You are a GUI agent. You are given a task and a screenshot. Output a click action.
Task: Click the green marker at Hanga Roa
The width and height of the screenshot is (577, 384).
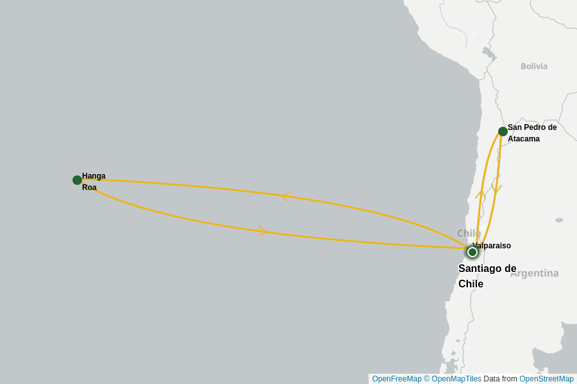pyautogui.click(x=77, y=180)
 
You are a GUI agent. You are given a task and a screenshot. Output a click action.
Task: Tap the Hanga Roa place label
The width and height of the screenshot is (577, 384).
pyautogui.click(x=93, y=182)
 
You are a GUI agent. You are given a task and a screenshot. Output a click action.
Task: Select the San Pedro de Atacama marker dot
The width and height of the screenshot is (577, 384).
pyautogui.click(x=503, y=131)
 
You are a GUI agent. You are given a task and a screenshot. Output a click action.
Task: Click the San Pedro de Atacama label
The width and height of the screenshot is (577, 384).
pyautogui.click(x=531, y=132)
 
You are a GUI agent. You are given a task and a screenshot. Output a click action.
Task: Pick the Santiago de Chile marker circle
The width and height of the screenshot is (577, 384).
pyautogui.click(x=472, y=252)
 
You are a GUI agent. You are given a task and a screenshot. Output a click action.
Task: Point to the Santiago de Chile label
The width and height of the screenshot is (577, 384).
pyautogui.click(x=487, y=276)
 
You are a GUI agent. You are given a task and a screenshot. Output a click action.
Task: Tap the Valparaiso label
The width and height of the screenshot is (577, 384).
pyautogui.click(x=492, y=246)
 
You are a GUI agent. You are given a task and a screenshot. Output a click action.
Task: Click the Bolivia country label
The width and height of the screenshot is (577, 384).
pyautogui.click(x=534, y=66)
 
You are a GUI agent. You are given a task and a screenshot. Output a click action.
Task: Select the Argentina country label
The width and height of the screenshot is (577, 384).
pyautogui.click(x=534, y=273)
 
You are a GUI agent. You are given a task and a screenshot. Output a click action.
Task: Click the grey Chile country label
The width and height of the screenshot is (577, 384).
pyautogui.click(x=469, y=233)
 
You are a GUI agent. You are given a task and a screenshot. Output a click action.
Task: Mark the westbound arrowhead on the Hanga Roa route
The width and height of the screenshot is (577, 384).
pyautogui.click(x=285, y=196)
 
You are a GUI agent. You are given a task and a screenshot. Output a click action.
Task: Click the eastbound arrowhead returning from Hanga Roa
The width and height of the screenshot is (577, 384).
pyautogui.click(x=262, y=231)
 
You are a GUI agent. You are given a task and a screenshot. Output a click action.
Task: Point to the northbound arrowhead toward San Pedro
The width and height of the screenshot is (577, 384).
pyautogui.click(x=480, y=194)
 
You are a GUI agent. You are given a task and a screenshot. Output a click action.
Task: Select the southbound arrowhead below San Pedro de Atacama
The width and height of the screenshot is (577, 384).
pyautogui.click(x=497, y=189)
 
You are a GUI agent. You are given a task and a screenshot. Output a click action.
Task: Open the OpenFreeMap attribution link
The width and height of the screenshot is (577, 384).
pyautogui.click(x=397, y=379)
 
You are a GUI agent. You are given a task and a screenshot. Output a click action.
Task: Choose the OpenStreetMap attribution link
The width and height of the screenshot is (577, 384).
pyautogui.click(x=546, y=379)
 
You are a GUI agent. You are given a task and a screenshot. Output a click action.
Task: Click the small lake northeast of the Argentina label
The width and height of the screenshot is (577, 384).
pyautogui.click(x=559, y=220)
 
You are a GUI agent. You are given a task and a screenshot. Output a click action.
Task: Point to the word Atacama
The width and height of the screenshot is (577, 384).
pyautogui.click(x=524, y=139)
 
